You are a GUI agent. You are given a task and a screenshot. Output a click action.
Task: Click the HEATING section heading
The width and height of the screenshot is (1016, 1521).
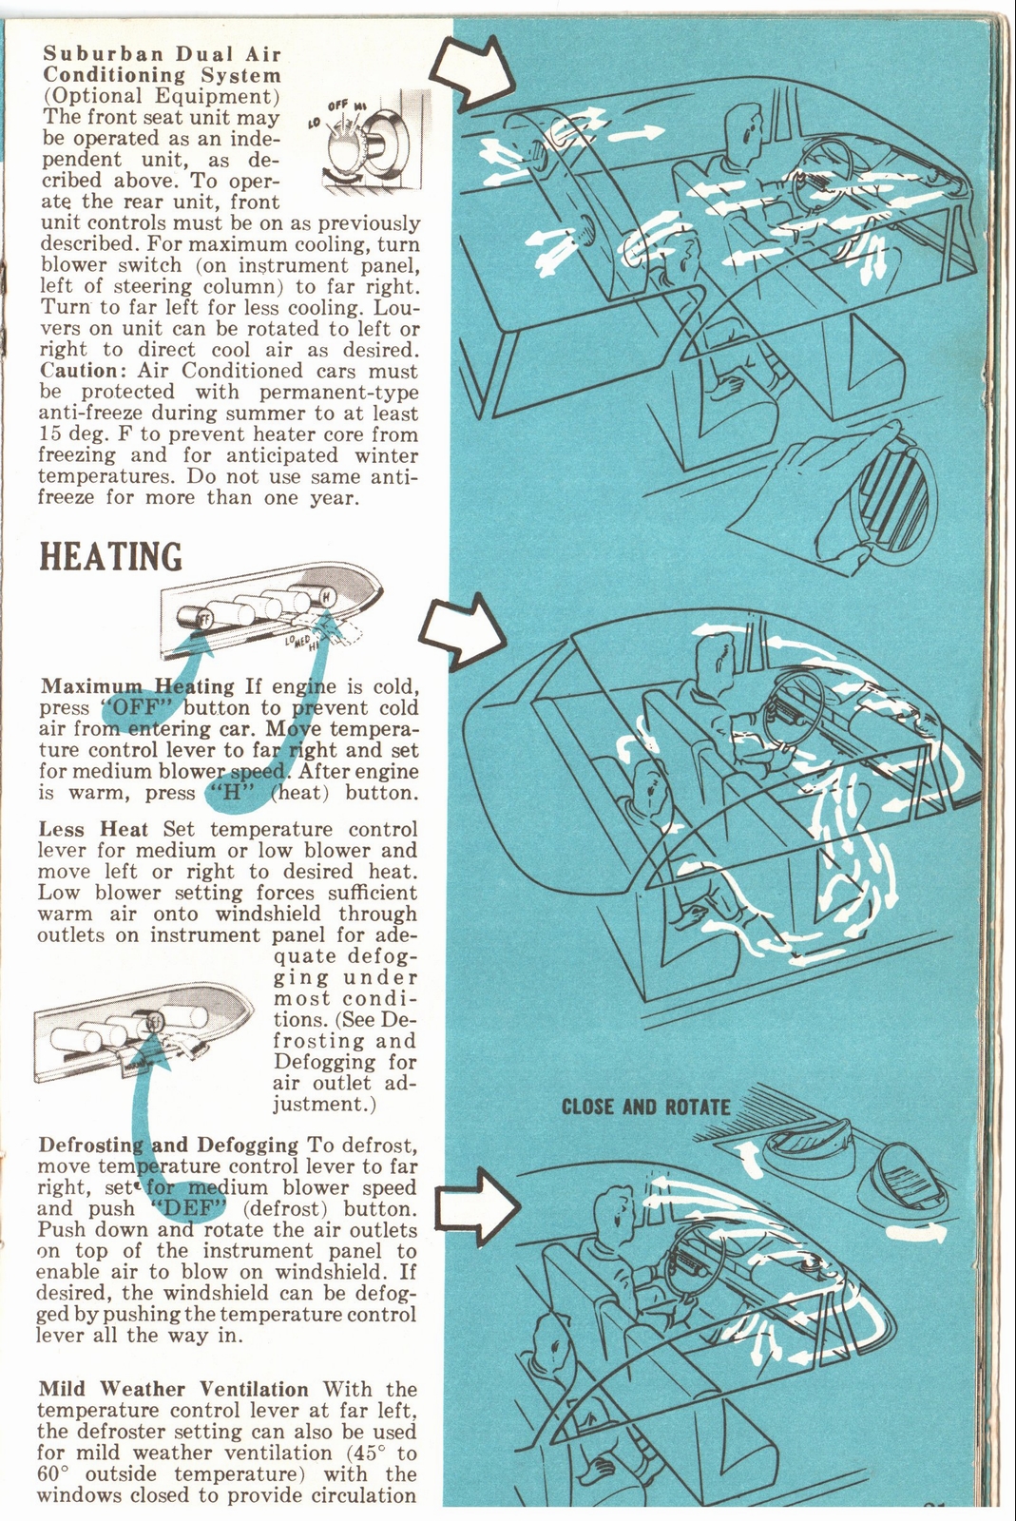(110, 557)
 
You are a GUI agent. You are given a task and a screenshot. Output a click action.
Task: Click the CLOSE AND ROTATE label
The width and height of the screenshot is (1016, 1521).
(645, 1107)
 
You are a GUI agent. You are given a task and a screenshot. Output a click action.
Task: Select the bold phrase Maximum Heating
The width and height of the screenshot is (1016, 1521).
(138, 686)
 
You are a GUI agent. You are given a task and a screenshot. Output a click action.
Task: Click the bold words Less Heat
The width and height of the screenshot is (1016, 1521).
(93, 829)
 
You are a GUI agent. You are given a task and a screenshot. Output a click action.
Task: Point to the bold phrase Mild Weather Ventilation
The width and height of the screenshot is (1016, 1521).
(174, 1389)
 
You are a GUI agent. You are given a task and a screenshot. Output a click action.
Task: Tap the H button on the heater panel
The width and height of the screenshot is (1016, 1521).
(325, 596)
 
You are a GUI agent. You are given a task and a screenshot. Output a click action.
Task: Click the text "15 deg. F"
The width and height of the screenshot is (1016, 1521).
(81, 434)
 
